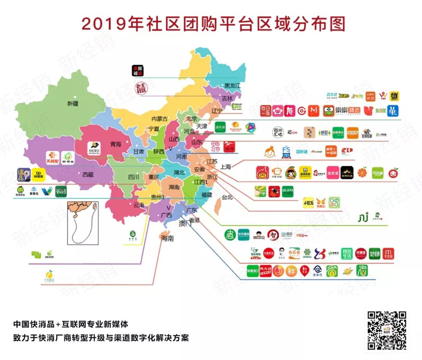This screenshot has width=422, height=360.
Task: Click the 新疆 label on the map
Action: click(73, 103)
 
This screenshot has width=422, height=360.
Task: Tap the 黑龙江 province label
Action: click(232, 85)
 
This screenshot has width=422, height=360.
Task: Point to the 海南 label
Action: click(167, 239)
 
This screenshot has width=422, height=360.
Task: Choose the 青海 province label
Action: click(116, 143)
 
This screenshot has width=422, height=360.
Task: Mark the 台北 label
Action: click(227, 197)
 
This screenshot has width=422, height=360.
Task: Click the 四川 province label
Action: click(134, 177)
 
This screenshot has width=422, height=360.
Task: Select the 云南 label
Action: click(139, 205)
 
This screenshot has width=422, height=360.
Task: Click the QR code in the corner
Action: click(386, 330)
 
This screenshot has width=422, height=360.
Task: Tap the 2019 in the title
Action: click(98, 24)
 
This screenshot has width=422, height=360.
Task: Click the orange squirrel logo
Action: click(369, 111)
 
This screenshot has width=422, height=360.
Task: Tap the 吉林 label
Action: click(227, 98)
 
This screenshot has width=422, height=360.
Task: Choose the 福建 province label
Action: click(207, 194)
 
